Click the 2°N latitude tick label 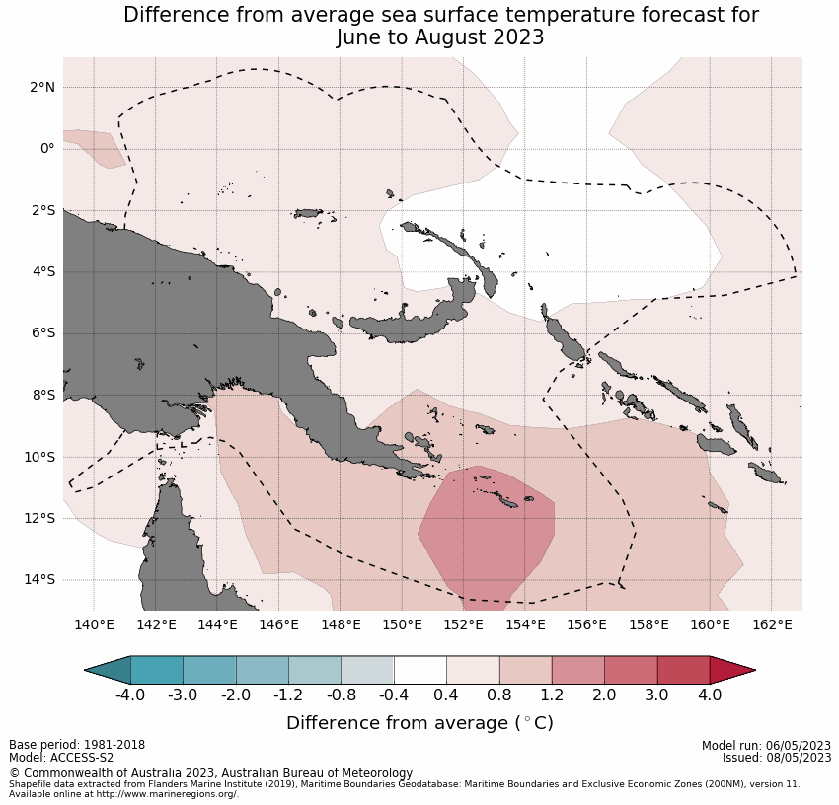(x=41, y=88)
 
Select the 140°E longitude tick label (x=94, y=624)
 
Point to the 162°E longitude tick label (x=772, y=624)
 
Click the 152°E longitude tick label (x=464, y=624)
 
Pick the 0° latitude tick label (x=46, y=149)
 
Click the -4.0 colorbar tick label (x=130, y=695)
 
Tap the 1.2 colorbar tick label (x=552, y=695)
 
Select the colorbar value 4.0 (x=710, y=695)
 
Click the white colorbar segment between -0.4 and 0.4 (x=420, y=671)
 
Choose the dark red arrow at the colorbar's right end (x=730, y=671)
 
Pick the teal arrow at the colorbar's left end (x=109, y=671)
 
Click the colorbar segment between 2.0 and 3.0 (x=631, y=671)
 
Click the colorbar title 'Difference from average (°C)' (x=419, y=723)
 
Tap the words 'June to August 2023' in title (x=440, y=37)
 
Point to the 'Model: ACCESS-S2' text (x=61, y=758)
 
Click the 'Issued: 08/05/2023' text (x=777, y=758)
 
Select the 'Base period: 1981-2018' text (x=76, y=745)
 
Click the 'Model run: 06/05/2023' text (x=766, y=745)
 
